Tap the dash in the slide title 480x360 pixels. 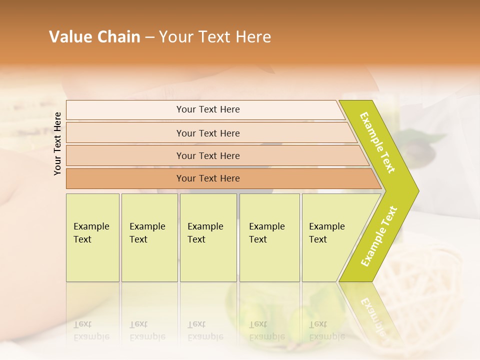149,37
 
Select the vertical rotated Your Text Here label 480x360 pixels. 57,143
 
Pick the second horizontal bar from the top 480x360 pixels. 208,133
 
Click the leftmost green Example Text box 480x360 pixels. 92,237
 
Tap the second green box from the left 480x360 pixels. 149,237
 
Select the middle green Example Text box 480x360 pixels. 208,237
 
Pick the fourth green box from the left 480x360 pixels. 269,237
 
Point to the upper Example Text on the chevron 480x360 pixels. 377,142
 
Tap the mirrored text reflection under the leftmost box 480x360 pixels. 91,330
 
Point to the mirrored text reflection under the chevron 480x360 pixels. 372,315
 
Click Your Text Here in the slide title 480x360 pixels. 215,37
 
